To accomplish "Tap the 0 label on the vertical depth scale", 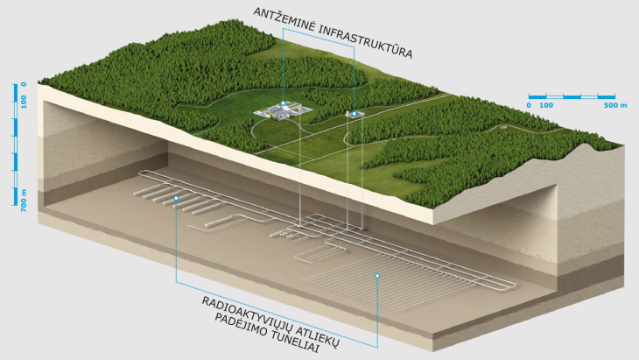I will click(24, 85).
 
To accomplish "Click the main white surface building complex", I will click(282, 111).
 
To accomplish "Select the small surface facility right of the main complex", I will click(354, 115).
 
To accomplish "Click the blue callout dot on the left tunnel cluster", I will click(176, 199).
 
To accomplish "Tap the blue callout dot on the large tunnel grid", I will click(378, 276).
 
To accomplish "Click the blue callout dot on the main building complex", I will click(283, 103).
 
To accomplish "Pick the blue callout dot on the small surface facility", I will click(355, 113).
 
